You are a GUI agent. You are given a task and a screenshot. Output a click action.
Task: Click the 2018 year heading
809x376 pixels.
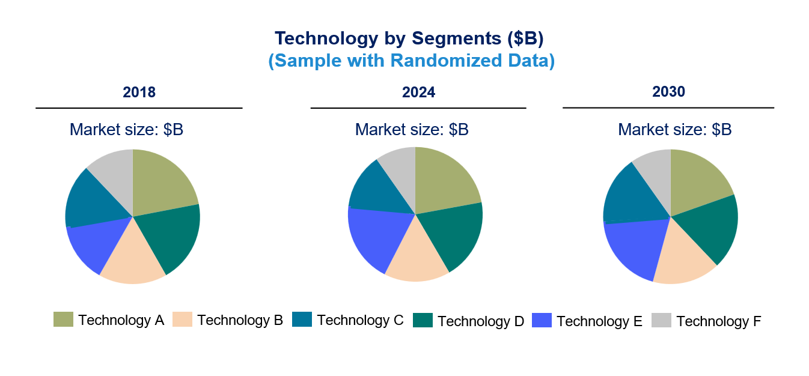(139, 92)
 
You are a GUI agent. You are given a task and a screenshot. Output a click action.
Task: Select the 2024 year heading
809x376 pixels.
(418, 92)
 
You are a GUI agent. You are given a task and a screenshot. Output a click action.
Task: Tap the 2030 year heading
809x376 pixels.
(668, 91)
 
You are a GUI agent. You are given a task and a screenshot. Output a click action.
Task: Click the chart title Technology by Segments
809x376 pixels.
(409, 38)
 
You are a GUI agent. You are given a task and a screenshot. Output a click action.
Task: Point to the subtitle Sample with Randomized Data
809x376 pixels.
(411, 60)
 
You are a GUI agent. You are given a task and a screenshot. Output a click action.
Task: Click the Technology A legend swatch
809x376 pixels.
(63, 320)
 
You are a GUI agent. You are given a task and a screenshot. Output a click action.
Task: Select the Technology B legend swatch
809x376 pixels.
(182, 320)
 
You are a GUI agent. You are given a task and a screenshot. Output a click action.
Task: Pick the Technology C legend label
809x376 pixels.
(360, 320)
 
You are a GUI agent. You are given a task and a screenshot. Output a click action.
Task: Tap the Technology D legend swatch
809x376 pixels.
(423, 320)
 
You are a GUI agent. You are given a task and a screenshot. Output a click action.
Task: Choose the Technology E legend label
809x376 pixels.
(599, 321)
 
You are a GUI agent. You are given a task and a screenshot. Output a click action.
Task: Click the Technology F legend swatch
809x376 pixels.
(661, 320)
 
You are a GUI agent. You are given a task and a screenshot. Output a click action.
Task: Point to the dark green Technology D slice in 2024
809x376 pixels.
(453, 234)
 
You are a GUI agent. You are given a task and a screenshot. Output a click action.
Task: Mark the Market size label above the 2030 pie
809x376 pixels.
(674, 130)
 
